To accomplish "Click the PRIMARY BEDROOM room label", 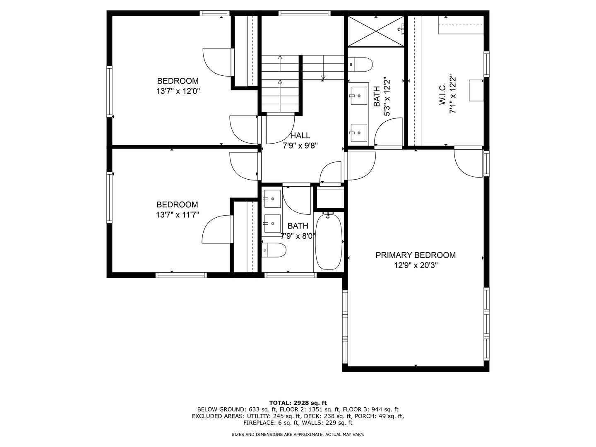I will tap(416, 255).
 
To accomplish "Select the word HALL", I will tap(300, 135).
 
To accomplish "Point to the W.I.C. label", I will tap(442, 94).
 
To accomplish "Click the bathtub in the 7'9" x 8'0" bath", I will tap(329, 242).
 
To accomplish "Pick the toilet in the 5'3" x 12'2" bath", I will tap(360, 64).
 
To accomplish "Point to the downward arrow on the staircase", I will tap(323, 77).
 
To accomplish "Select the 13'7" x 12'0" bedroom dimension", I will tap(178, 91).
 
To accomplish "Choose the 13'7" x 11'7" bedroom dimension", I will tap(178, 215).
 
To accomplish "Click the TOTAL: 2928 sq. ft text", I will tap(298, 402).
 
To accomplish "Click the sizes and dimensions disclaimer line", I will tap(298, 435).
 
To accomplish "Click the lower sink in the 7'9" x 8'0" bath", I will tap(272, 224).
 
